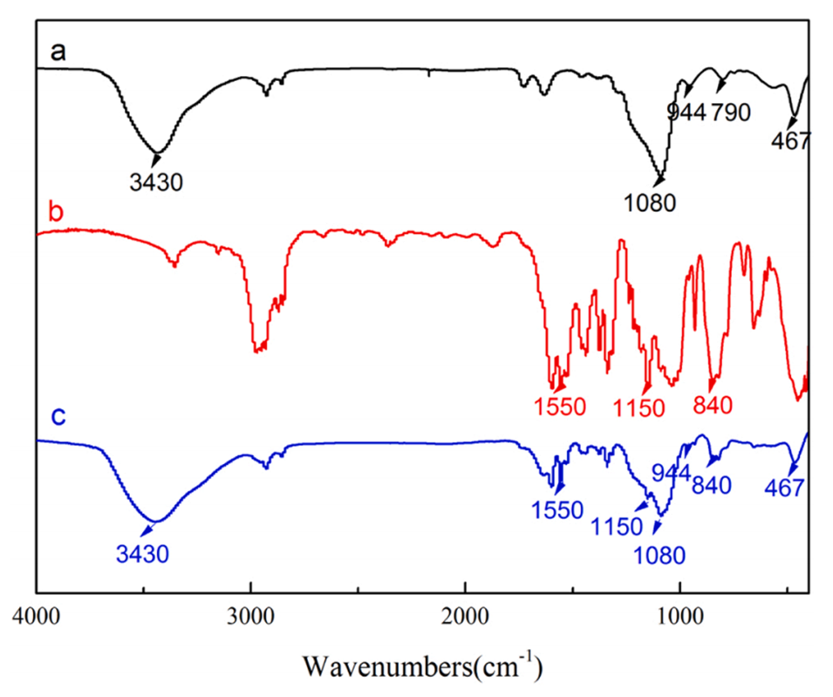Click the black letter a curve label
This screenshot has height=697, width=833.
(x=58, y=52)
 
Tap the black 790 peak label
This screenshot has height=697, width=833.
(x=730, y=112)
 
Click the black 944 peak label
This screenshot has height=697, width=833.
(x=686, y=112)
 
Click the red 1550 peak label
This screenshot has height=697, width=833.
(x=558, y=406)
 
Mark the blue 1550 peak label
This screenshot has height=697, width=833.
(x=558, y=509)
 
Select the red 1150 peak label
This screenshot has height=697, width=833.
(x=638, y=406)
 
